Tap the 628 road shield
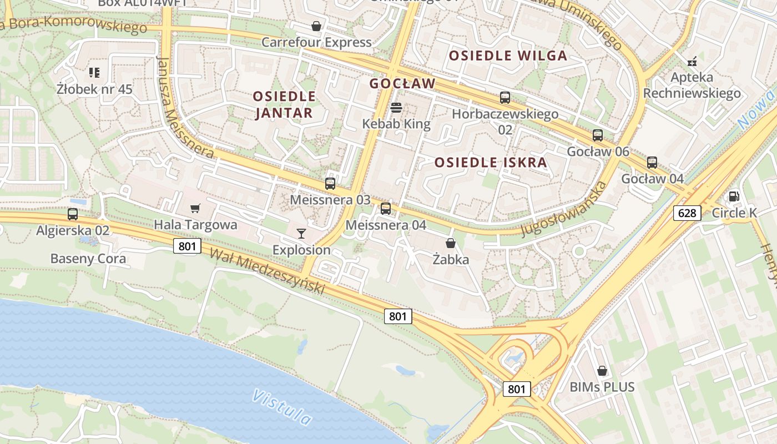(x=687, y=213)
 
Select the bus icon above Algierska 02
(x=73, y=214)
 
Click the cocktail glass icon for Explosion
(x=301, y=234)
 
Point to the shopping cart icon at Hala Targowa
(x=195, y=209)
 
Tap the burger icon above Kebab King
(x=396, y=108)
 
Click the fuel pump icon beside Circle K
(x=734, y=196)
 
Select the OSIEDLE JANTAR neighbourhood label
(x=284, y=104)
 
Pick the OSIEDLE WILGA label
(x=508, y=56)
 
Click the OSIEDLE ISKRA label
(x=491, y=163)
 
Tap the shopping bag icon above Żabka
(x=451, y=243)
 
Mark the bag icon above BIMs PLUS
(x=602, y=370)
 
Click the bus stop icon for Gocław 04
(x=652, y=163)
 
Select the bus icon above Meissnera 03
(x=330, y=183)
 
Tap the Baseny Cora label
(x=88, y=259)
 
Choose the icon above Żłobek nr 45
(x=94, y=73)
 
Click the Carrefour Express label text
(x=316, y=42)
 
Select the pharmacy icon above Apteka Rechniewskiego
(x=692, y=60)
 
